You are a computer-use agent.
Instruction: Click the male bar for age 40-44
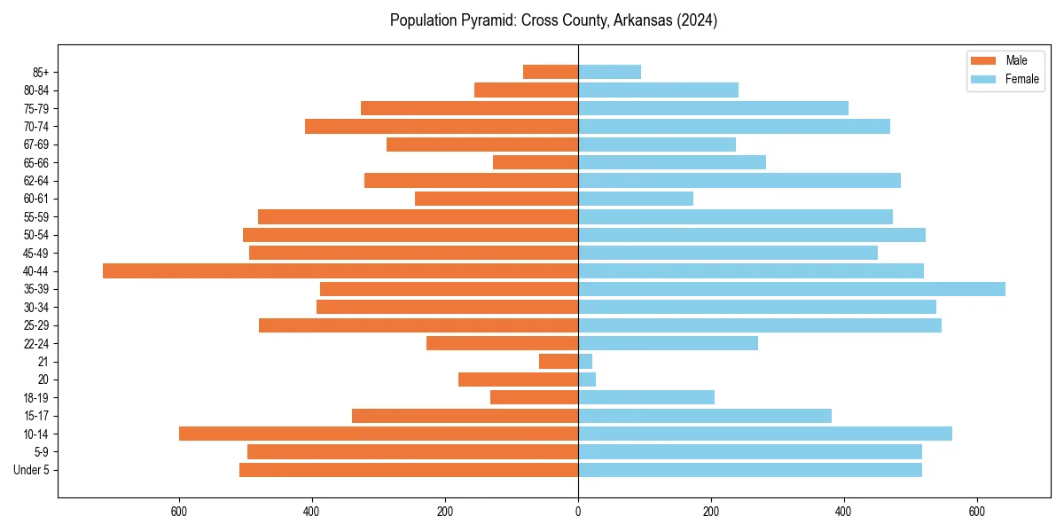(x=340, y=270)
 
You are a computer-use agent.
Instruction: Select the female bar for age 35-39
(x=791, y=289)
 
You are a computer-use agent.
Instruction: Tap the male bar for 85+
(x=551, y=72)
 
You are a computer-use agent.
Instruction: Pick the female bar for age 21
(x=585, y=361)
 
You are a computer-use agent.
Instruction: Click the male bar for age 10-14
(x=379, y=434)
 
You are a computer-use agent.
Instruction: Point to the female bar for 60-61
(x=636, y=199)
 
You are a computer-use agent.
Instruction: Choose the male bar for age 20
(x=518, y=379)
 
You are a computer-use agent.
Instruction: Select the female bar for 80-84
(x=658, y=90)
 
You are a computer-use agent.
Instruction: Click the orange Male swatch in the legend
(x=983, y=60)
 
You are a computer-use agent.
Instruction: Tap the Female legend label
(x=1022, y=79)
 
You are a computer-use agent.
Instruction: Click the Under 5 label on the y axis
(x=31, y=470)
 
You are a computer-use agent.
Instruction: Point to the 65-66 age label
(x=36, y=162)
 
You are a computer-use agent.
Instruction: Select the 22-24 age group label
(x=36, y=343)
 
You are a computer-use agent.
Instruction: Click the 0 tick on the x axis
(x=578, y=512)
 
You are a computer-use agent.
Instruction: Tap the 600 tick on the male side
(x=179, y=512)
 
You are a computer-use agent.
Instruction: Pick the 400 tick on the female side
(x=843, y=512)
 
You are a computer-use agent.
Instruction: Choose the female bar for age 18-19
(x=646, y=397)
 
